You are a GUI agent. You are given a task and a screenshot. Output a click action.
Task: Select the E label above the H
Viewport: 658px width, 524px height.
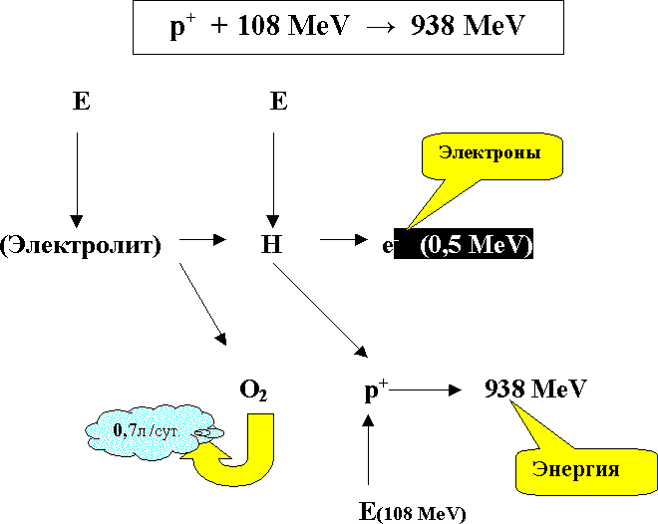tap(278, 102)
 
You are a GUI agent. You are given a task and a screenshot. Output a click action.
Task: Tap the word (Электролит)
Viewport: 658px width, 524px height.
tap(82, 244)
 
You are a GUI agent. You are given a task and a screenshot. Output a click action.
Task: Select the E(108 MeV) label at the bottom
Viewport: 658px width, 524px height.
tap(411, 513)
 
